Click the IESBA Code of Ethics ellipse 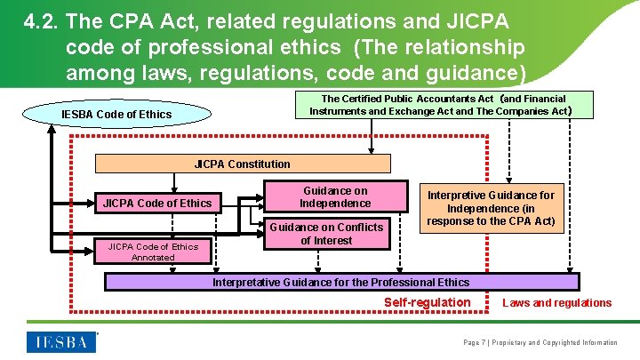click(116, 114)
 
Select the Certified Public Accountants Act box click(444, 105)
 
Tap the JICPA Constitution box click(242, 164)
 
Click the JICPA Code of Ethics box click(157, 203)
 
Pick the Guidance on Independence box click(335, 196)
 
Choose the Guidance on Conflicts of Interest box click(326, 233)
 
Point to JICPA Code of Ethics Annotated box click(153, 252)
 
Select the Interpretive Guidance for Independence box click(491, 208)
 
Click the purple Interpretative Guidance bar click(340, 283)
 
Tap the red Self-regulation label click(427, 302)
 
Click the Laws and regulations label click(557, 303)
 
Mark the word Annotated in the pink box click(153, 258)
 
